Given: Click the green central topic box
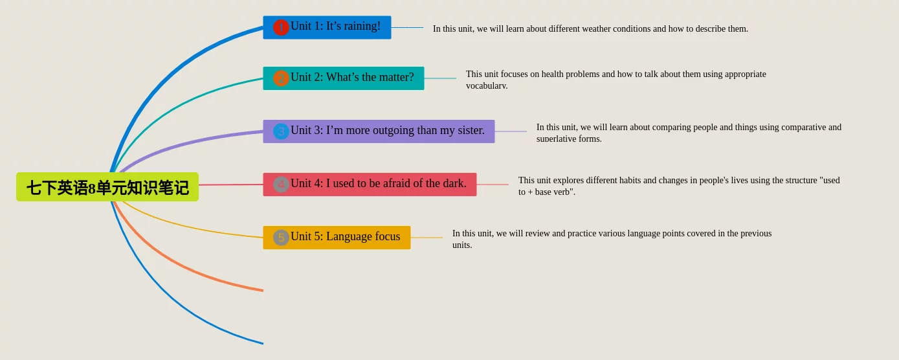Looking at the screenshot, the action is pyautogui.click(x=107, y=187).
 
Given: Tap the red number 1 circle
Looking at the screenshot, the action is pyautogui.click(x=281, y=27).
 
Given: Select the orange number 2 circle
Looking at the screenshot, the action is pyautogui.click(x=281, y=78).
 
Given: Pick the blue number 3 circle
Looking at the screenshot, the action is pyautogui.click(x=281, y=131).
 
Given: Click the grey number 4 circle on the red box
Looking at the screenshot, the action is pyautogui.click(x=281, y=185).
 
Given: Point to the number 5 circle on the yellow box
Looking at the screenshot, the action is pyautogui.click(x=281, y=238).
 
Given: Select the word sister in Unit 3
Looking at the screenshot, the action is pyautogui.click(x=470, y=130).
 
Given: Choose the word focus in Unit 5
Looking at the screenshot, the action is pyautogui.click(x=387, y=236).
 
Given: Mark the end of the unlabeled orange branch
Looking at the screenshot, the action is pyautogui.click(x=263, y=290).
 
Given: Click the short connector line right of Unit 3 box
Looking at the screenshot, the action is pyautogui.click(x=511, y=131).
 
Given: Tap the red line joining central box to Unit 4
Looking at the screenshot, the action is pyautogui.click(x=231, y=185).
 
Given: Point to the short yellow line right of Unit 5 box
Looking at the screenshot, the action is pyautogui.click(x=427, y=238).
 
